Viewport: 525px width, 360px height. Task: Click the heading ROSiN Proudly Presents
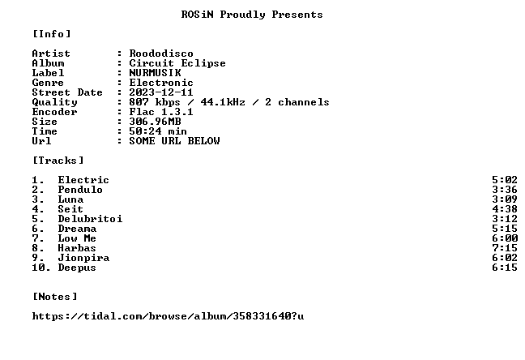252,15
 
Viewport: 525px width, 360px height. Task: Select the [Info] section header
52,34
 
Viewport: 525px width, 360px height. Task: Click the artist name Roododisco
161,54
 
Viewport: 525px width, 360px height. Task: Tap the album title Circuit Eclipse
177,63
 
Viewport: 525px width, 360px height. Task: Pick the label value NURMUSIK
155,73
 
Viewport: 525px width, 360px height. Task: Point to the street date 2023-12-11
161,92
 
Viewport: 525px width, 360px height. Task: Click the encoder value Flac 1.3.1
161,112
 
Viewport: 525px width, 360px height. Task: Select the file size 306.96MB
155,122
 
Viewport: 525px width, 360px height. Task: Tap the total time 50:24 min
158,131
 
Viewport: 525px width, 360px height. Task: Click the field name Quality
54,102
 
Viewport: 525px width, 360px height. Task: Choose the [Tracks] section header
58,161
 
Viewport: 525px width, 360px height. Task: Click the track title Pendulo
80,190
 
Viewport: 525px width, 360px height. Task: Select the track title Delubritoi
90,219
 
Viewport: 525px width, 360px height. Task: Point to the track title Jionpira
83,258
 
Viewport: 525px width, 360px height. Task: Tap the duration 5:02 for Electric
505,180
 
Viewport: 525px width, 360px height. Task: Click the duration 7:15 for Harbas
505,248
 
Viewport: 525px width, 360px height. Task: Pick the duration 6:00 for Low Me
505,238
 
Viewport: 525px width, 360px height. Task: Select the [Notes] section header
54,297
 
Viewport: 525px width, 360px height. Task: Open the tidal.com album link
168,316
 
